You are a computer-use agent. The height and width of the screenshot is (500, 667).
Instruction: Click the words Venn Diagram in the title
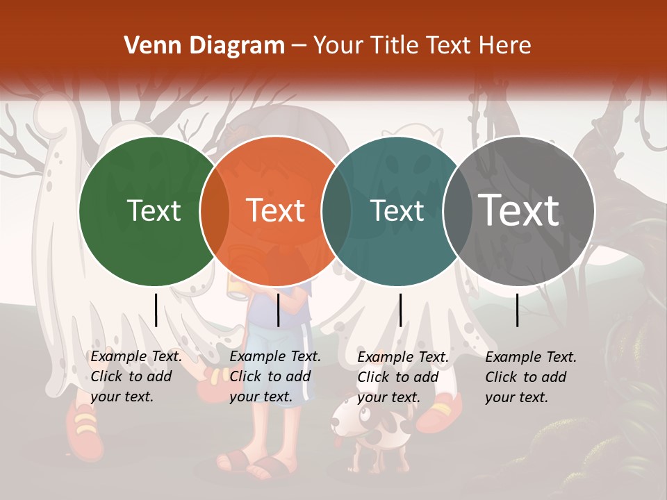point(204,46)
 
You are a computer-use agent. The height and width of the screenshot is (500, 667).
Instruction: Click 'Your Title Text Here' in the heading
point(422,46)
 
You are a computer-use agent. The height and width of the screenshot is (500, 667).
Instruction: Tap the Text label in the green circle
point(154,210)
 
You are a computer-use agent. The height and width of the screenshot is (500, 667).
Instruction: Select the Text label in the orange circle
point(276,210)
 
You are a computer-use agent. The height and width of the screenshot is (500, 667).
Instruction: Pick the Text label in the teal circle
point(397,210)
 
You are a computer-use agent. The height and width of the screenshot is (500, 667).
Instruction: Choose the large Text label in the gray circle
point(519,210)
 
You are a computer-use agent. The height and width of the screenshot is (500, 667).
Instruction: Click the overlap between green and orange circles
point(215,210)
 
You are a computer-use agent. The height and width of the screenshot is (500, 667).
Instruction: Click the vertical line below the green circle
point(156,310)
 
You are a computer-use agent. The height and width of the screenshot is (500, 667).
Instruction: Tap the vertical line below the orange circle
point(278,310)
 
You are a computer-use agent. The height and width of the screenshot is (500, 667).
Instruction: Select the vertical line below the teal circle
point(400,310)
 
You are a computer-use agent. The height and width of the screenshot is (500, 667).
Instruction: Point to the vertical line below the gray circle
point(518,310)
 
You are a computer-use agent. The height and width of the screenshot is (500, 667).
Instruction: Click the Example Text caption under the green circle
point(136,376)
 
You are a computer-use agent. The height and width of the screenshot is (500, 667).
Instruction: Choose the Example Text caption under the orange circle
point(275,376)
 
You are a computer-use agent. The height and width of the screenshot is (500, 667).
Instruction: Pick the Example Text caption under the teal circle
point(403,377)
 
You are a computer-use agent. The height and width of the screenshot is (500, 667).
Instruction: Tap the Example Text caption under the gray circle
point(531,377)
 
